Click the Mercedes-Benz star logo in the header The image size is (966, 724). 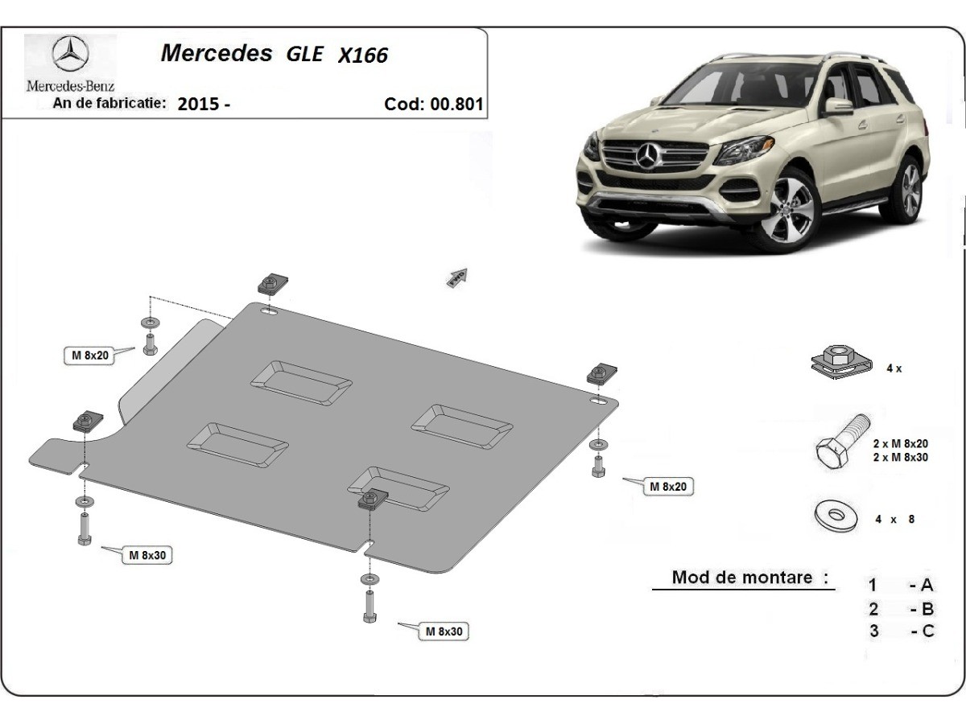[x=70, y=56]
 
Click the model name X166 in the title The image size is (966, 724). [x=363, y=55]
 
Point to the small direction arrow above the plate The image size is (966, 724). [x=457, y=277]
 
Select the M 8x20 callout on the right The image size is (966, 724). [x=667, y=486]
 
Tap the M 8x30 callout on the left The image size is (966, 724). [x=147, y=555]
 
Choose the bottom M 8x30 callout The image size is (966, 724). [x=444, y=631]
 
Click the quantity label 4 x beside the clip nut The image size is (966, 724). [x=894, y=368]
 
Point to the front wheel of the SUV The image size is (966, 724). [x=790, y=210]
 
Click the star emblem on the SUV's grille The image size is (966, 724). [x=648, y=154]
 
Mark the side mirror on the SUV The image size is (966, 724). [x=838, y=106]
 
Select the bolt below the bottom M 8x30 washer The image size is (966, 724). [x=369, y=605]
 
